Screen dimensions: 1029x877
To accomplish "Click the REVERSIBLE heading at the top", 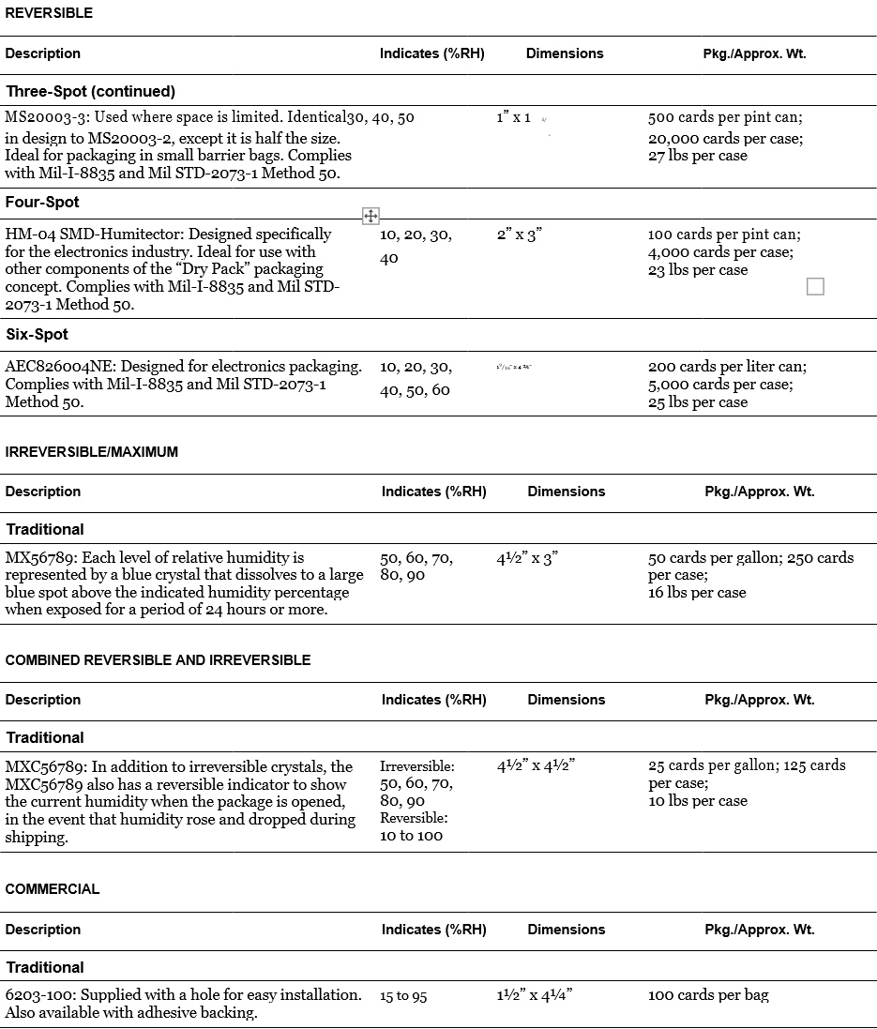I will coord(49,13).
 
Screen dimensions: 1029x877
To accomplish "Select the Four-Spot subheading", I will coord(42,203).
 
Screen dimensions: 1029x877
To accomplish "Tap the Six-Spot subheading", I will coord(37,335).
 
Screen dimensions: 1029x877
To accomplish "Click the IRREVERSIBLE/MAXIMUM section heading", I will coord(91,452).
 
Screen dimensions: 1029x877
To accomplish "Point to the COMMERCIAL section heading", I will coord(52,889).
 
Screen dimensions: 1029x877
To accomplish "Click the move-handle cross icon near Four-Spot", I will coord(370,217).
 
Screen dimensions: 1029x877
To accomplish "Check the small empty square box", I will coord(815,286).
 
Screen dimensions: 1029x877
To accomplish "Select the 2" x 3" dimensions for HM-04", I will coord(520,235).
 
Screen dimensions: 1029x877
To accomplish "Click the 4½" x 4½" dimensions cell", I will coord(535,765).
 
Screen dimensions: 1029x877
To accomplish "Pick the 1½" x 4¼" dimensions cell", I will coord(534,995).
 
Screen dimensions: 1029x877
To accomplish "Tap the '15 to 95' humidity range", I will coord(403,996).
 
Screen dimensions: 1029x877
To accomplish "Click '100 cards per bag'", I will coord(708,995).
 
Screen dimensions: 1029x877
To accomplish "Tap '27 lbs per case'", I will coord(697,156).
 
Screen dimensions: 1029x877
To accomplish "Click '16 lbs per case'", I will coord(697,593).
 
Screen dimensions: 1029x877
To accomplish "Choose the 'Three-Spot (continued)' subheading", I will coord(90,92).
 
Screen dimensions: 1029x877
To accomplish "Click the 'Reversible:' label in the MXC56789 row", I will coord(414,818).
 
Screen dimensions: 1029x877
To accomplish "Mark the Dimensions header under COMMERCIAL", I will coord(567,930).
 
